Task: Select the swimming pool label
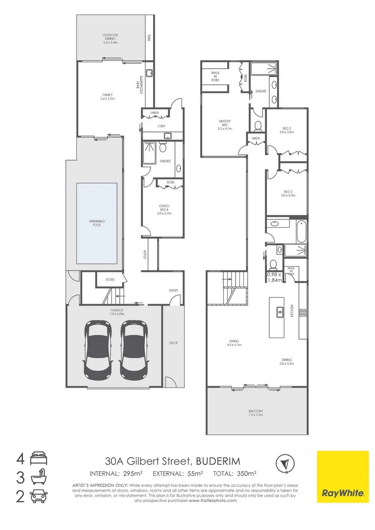pos(97,223)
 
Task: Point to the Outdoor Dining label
pos(110,39)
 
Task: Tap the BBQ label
pos(149,37)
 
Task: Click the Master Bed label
pos(224,125)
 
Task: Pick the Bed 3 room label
pos(287,193)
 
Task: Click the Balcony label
pos(256,413)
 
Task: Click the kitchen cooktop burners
pos(303,312)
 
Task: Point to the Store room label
pos(110,280)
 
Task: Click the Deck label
pos(173,343)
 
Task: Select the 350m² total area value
pos(246,474)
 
